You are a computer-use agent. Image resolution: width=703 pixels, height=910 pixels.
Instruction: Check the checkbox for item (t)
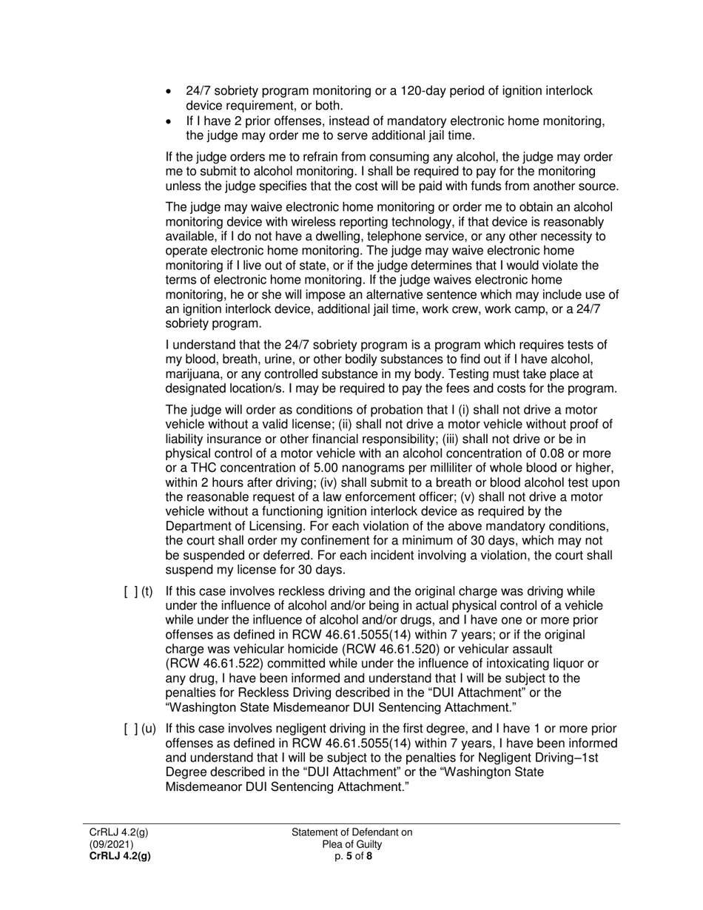click(x=129, y=591)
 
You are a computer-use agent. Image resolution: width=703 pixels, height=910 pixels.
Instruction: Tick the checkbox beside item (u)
click(x=129, y=729)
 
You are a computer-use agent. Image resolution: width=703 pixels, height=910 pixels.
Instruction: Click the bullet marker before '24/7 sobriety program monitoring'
click(x=170, y=92)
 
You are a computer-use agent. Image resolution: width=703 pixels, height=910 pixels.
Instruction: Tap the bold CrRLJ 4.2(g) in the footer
click(x=120, y=856)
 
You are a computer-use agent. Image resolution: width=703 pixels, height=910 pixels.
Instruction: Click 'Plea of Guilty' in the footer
click(x=352, y=844)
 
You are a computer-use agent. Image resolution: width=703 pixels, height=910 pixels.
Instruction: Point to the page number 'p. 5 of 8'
click(x=352, y=856)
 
